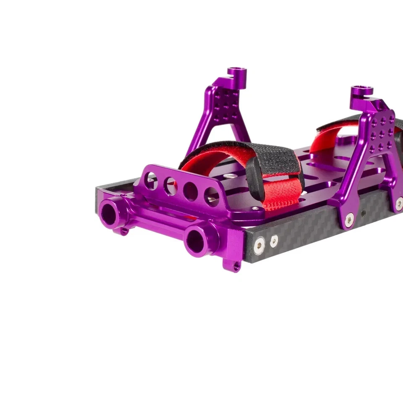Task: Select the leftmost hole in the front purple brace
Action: pos(151,181)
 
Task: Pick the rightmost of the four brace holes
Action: pos(211,196)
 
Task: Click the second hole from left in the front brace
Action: pos(170,186)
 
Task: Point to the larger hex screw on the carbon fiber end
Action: pos(259,245)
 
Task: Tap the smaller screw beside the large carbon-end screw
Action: pos(274,241)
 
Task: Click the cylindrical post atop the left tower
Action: pos(237,76)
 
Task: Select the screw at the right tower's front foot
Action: pos(349,220)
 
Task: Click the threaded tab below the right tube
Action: pos(237,265)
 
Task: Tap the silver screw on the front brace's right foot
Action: pos(255,208)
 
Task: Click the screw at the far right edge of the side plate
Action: pos(399,204)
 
